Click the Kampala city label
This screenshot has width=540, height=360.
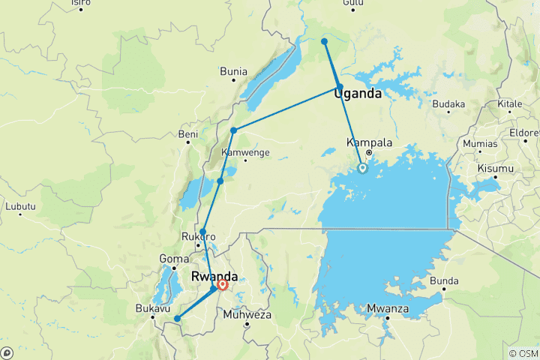[x=370, y=142]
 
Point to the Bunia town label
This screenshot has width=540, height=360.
[x=233, y=72]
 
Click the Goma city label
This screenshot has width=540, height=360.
[x=174, y=259]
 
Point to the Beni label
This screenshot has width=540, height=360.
[x=187, y=134]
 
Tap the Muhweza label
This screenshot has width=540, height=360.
[x=247, y=314]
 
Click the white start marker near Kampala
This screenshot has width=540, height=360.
[x=362, y=169]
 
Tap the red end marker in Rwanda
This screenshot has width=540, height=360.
[x=223, y=285]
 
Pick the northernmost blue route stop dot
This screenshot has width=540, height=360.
[x=324, y=41]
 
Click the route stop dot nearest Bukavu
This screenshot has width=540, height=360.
[x=177, y=319]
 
